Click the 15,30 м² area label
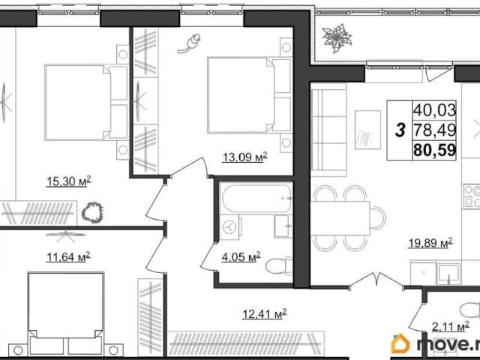coord(68,181)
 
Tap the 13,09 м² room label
coord(245,157)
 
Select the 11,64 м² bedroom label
coord(68,256)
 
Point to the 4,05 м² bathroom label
coord(241,256)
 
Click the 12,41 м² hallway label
coord(265,313)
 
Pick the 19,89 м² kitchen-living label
coord(430,243)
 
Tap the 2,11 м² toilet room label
coord(450,327)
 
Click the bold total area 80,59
coord(435,150)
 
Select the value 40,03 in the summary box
coord(435,110)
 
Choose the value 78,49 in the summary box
coord(435,130)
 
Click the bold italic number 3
coord(400,130)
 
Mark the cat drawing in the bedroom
coord(190,43)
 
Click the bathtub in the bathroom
coord(256,198)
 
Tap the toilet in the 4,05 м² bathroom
coord(279,265)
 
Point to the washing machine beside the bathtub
coord(229,226)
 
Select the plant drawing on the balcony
coord(337,38)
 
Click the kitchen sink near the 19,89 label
coord(448,273)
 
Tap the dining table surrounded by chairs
coord(340,218)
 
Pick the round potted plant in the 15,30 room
coord(92,212)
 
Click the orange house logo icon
coord(400,343)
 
